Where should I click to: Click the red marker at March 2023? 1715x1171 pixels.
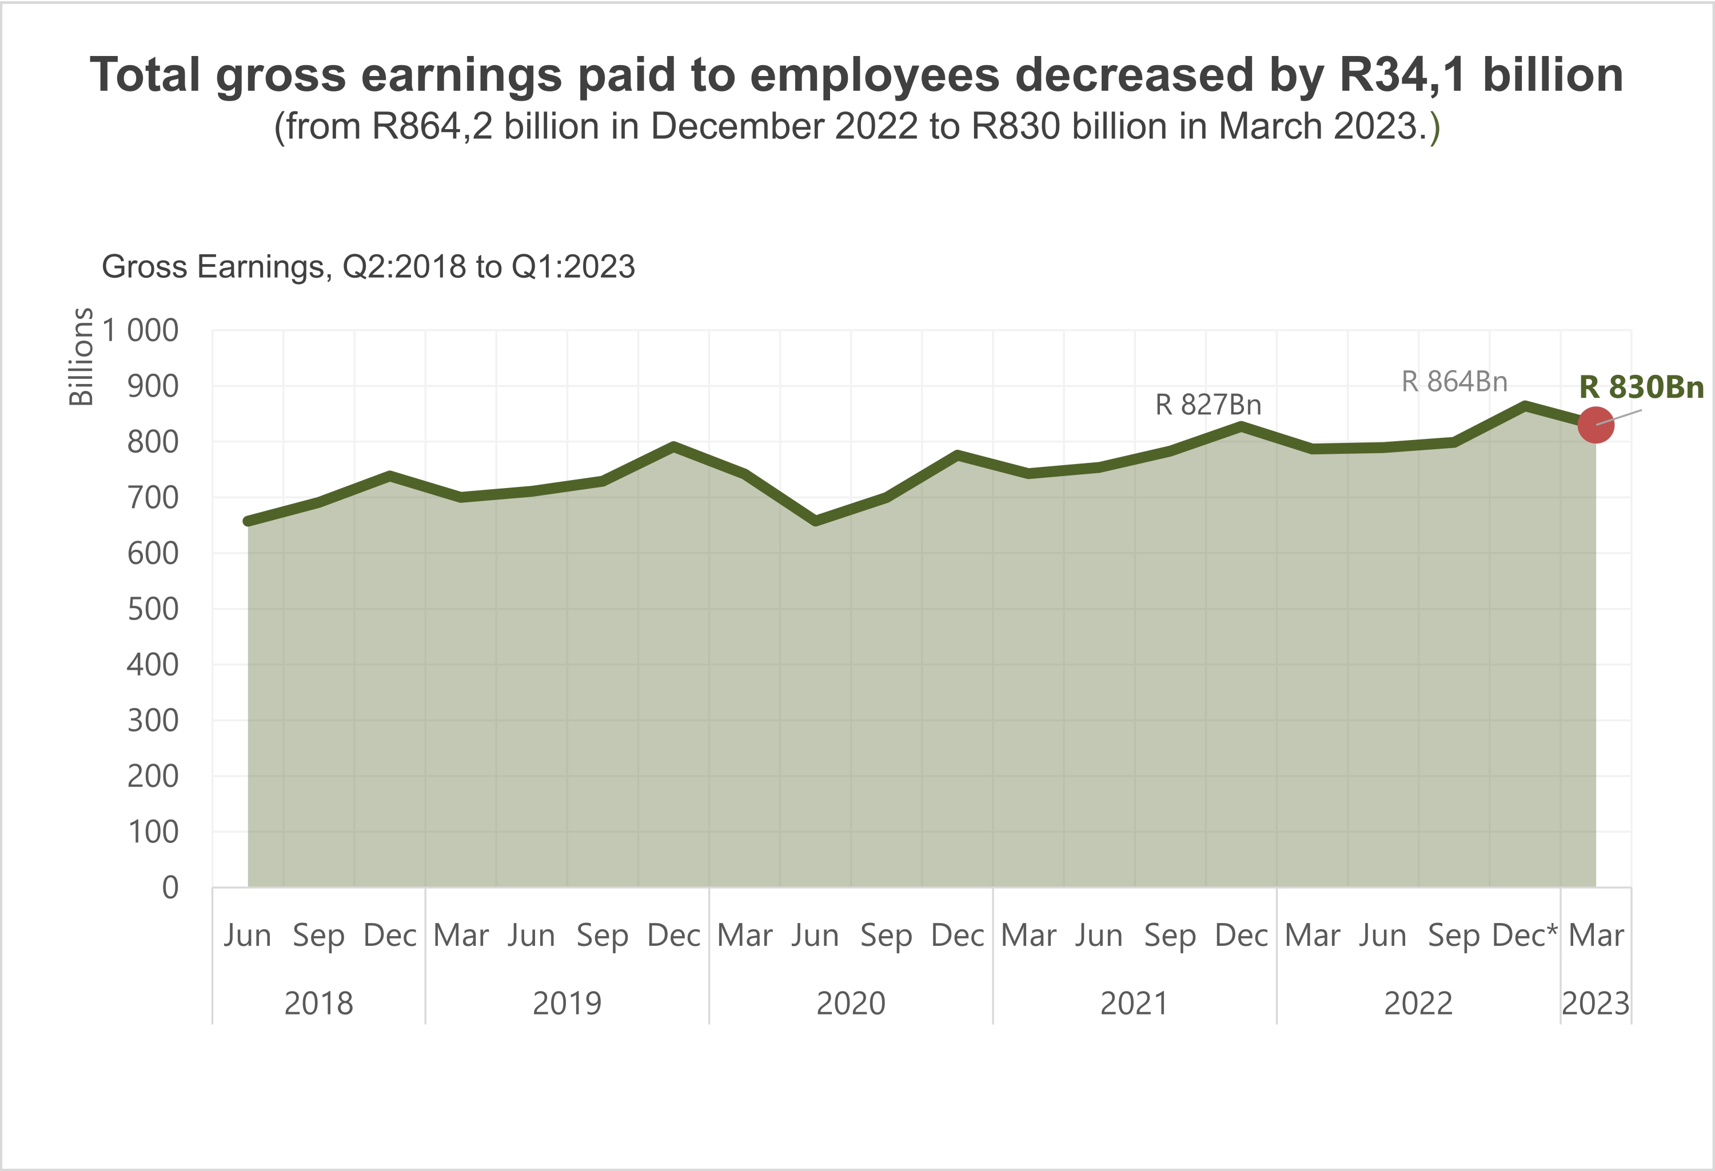pos(1596,425)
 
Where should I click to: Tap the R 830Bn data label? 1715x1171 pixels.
pos(1641,387)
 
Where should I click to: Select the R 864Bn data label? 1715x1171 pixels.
pos(1454,382)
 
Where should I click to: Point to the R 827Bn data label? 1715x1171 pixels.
pos(1208,405)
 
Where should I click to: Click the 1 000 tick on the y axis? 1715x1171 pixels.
pos(140,330)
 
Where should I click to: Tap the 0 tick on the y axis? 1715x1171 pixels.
pos(170,888)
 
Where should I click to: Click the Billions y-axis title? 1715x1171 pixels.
pos(81,357)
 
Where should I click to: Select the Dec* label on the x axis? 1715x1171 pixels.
pos(1525,936)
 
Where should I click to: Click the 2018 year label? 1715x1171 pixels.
pos(319,1004)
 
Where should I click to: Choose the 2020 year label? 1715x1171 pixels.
pos(851,1004)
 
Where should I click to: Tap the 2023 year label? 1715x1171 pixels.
pos(1596,1004)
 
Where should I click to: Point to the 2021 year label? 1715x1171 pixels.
pos(1134,1004)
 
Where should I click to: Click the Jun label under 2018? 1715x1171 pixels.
pos(247,936)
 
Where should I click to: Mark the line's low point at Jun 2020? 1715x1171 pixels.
pos(815,521)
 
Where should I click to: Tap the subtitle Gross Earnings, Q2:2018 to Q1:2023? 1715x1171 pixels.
pos(368,266)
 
